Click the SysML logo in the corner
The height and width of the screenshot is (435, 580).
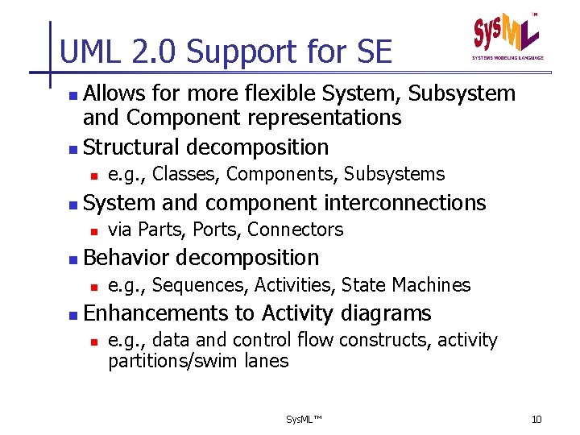click(x=507, y=36)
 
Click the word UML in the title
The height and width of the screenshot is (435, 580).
click(x=89, y=52)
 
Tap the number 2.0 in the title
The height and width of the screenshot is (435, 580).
click(x=150, y=52)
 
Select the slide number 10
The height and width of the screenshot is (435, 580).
click(x=537, y=420)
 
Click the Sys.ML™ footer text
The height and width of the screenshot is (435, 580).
click(x=304, y=420)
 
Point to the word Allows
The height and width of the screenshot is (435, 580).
click(x=114, y=93)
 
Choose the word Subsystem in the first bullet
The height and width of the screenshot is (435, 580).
click(x=462, y=93)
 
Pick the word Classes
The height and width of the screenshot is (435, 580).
click(x=185, y=174)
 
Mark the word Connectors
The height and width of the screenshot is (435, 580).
click(x=295, y=230)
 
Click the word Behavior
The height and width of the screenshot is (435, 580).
click(x=126, y=258)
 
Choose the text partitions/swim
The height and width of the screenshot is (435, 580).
click(x=169, y=361)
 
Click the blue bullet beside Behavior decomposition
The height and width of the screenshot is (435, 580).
click(x=73, y=259)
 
